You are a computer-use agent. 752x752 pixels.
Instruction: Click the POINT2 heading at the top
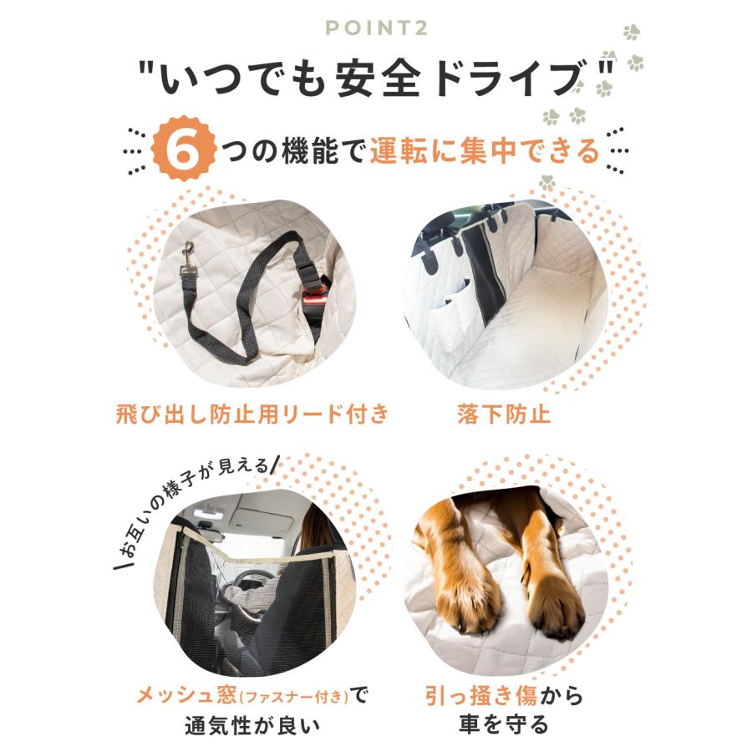pos(375,28)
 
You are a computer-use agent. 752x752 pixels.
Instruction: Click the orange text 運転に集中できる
pos(485,151)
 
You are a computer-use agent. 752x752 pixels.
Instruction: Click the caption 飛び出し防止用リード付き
pos(251,414)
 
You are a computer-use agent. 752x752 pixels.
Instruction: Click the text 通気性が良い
pos(251,724)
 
